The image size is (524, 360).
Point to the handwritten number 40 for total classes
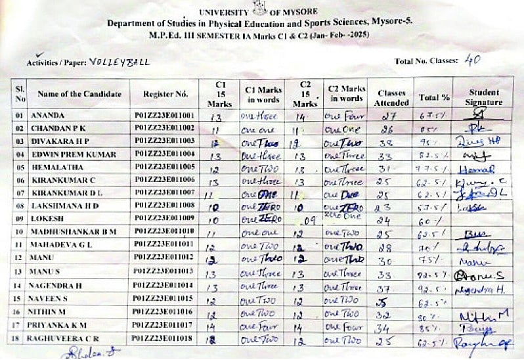pyautogui.click(x=473, y=60)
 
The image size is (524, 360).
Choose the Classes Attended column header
pyautogui.click(x=391, y=97)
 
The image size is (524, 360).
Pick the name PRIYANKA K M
pyautogui.click(x=58, y=325)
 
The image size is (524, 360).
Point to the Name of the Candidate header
pyautogui.click(x=79, y=94)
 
